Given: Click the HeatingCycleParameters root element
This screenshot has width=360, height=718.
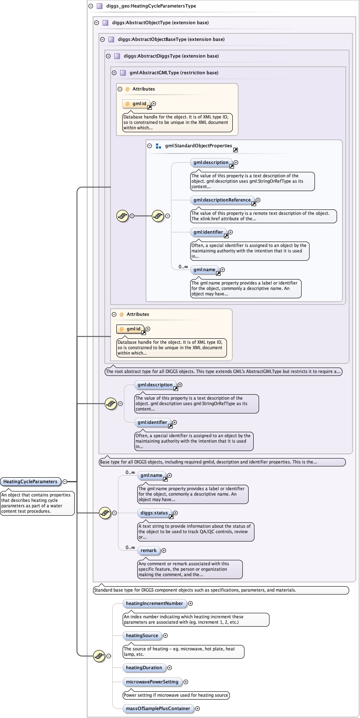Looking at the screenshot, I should tap(30, 481).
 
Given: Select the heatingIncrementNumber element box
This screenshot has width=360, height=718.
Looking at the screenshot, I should tap(154, 603).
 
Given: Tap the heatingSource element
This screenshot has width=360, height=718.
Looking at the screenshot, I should tap(142, 635).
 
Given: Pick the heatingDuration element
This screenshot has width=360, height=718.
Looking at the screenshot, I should tap(144, 668).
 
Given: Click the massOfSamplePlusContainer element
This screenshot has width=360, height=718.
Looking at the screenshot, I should tap(158, 708).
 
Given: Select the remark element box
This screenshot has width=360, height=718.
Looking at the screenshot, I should tap(149, 550).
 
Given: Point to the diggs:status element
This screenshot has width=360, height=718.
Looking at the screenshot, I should tap(154, 513).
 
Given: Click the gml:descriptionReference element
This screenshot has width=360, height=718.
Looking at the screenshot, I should tap(222, 200).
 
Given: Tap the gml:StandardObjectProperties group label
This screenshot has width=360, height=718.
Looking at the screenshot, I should tap(198, 146).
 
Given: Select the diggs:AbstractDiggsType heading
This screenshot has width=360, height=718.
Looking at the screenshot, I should tap(171, 56).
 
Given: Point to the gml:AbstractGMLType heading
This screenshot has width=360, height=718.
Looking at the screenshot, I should tap(174, 73).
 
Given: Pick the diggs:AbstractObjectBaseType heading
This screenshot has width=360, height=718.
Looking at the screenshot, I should tap(171, 39).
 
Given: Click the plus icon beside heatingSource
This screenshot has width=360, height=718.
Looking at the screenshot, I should tap(165, 635).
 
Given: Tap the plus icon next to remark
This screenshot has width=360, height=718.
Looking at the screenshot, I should tap(164, 550).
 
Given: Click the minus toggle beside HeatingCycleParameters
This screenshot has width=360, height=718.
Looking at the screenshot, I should tap(65, 481).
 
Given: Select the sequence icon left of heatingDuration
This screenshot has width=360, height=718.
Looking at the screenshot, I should tap(99, 656).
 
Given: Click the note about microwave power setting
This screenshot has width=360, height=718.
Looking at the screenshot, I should tap(176, 695).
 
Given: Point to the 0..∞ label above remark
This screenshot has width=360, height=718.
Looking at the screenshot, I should tap(130, 547).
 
